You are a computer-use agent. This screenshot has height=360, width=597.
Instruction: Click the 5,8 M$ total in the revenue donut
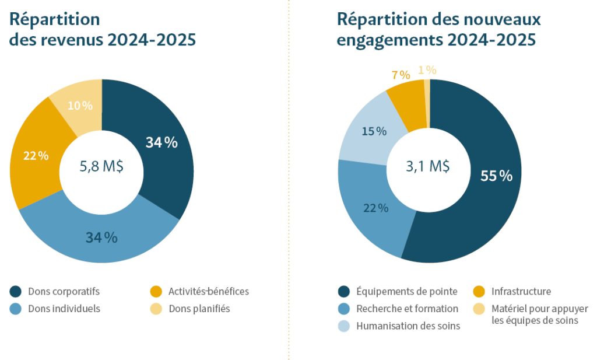pos(101,166)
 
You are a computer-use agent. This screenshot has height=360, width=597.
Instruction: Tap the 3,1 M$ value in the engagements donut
pos(427,166)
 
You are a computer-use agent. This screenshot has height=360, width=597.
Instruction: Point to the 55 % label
pos(496,176)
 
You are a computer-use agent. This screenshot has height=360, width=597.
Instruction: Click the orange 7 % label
pos(401,75)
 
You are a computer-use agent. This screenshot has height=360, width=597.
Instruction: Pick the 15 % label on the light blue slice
pos(374,131)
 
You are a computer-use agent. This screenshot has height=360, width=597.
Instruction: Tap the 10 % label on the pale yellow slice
pos(80,106)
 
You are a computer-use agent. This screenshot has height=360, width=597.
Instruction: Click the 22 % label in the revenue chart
pos(36,156)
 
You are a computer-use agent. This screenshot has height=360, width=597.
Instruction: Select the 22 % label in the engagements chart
pos(375,208)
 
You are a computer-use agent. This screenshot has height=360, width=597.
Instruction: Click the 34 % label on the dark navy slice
pos(161,142)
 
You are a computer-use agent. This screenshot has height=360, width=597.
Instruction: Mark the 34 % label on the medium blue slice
pos(101,237)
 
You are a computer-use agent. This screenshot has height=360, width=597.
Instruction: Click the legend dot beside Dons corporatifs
pos(16,291)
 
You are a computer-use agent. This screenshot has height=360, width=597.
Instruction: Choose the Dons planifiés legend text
pos(199,309)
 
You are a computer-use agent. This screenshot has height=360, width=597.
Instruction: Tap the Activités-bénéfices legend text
pos(209,291)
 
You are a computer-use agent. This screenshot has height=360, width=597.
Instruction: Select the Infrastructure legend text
pos(521,291)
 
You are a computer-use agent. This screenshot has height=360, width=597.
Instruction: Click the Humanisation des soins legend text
pos(408,326)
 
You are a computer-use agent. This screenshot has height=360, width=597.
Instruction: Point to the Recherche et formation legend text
pos(407,309)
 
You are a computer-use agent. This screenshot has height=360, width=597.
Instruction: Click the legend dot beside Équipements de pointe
pos(343,291)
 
